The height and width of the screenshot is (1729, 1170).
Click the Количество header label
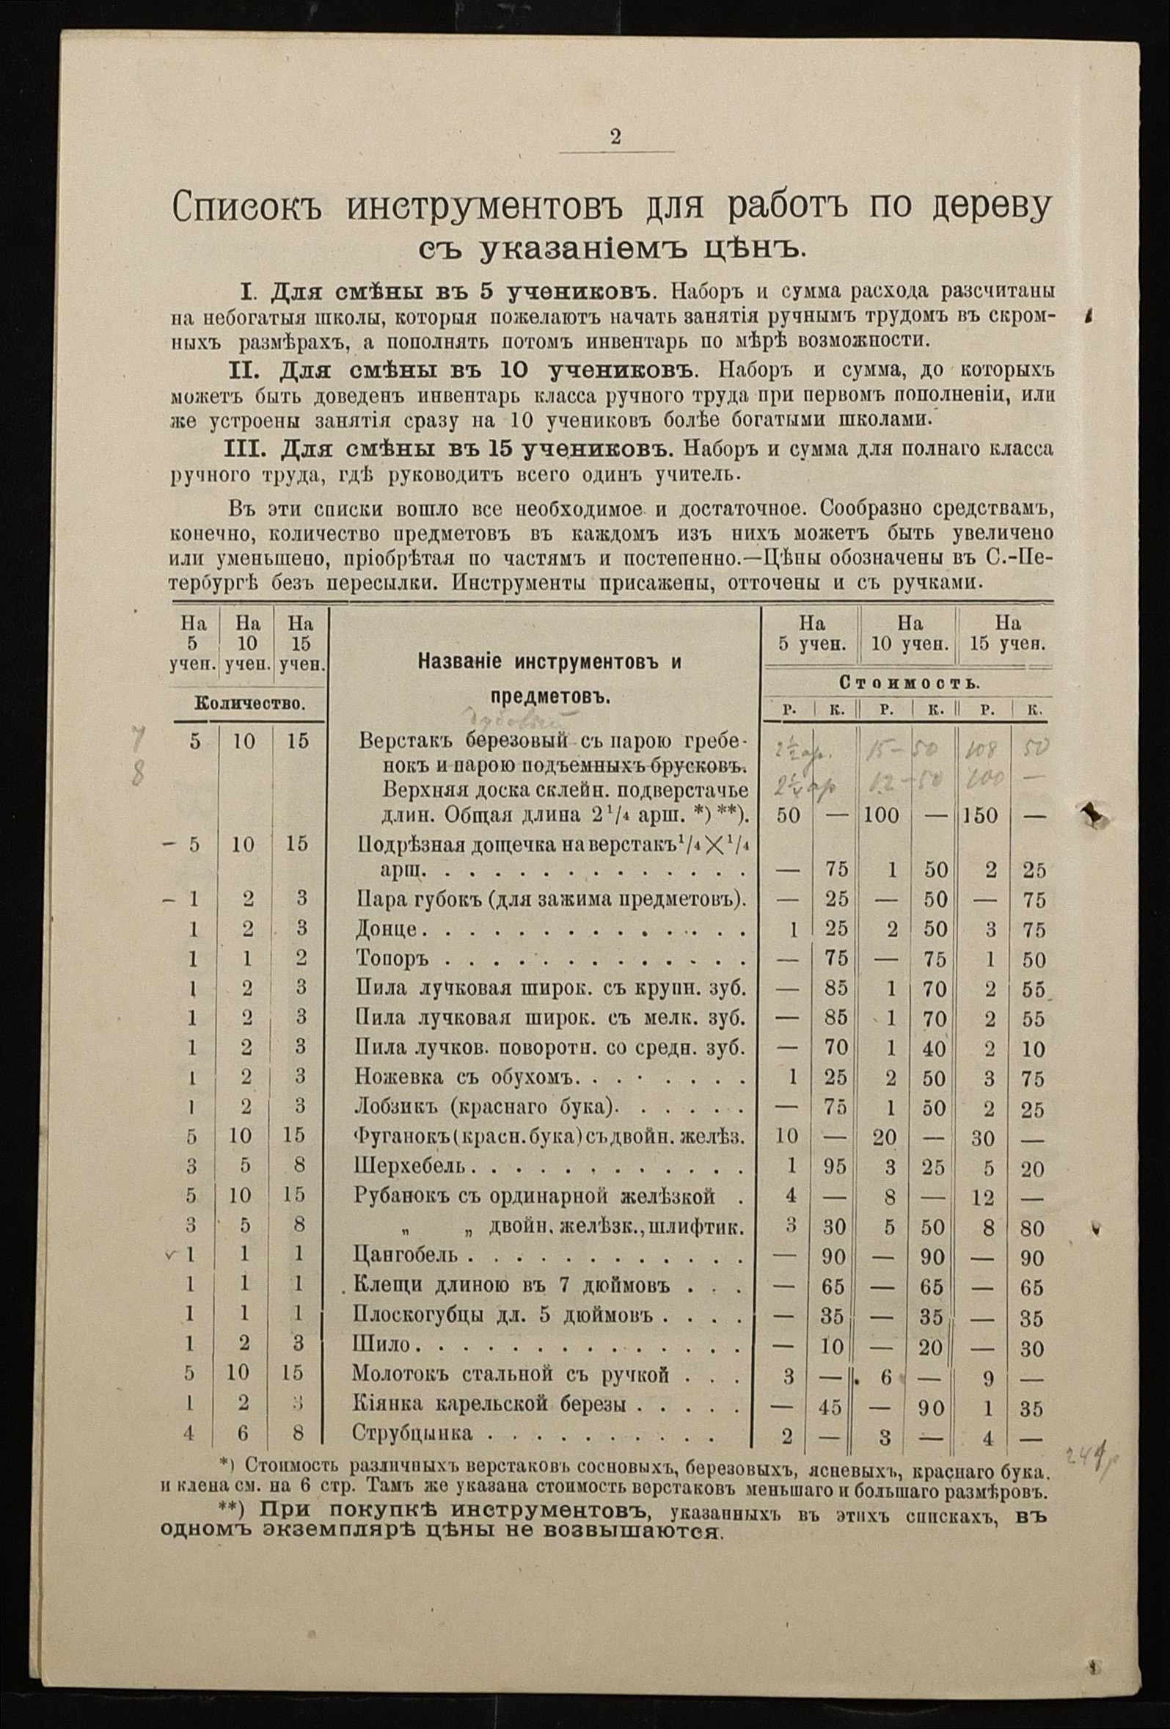249,703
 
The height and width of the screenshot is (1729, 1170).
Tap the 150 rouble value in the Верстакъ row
979,815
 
